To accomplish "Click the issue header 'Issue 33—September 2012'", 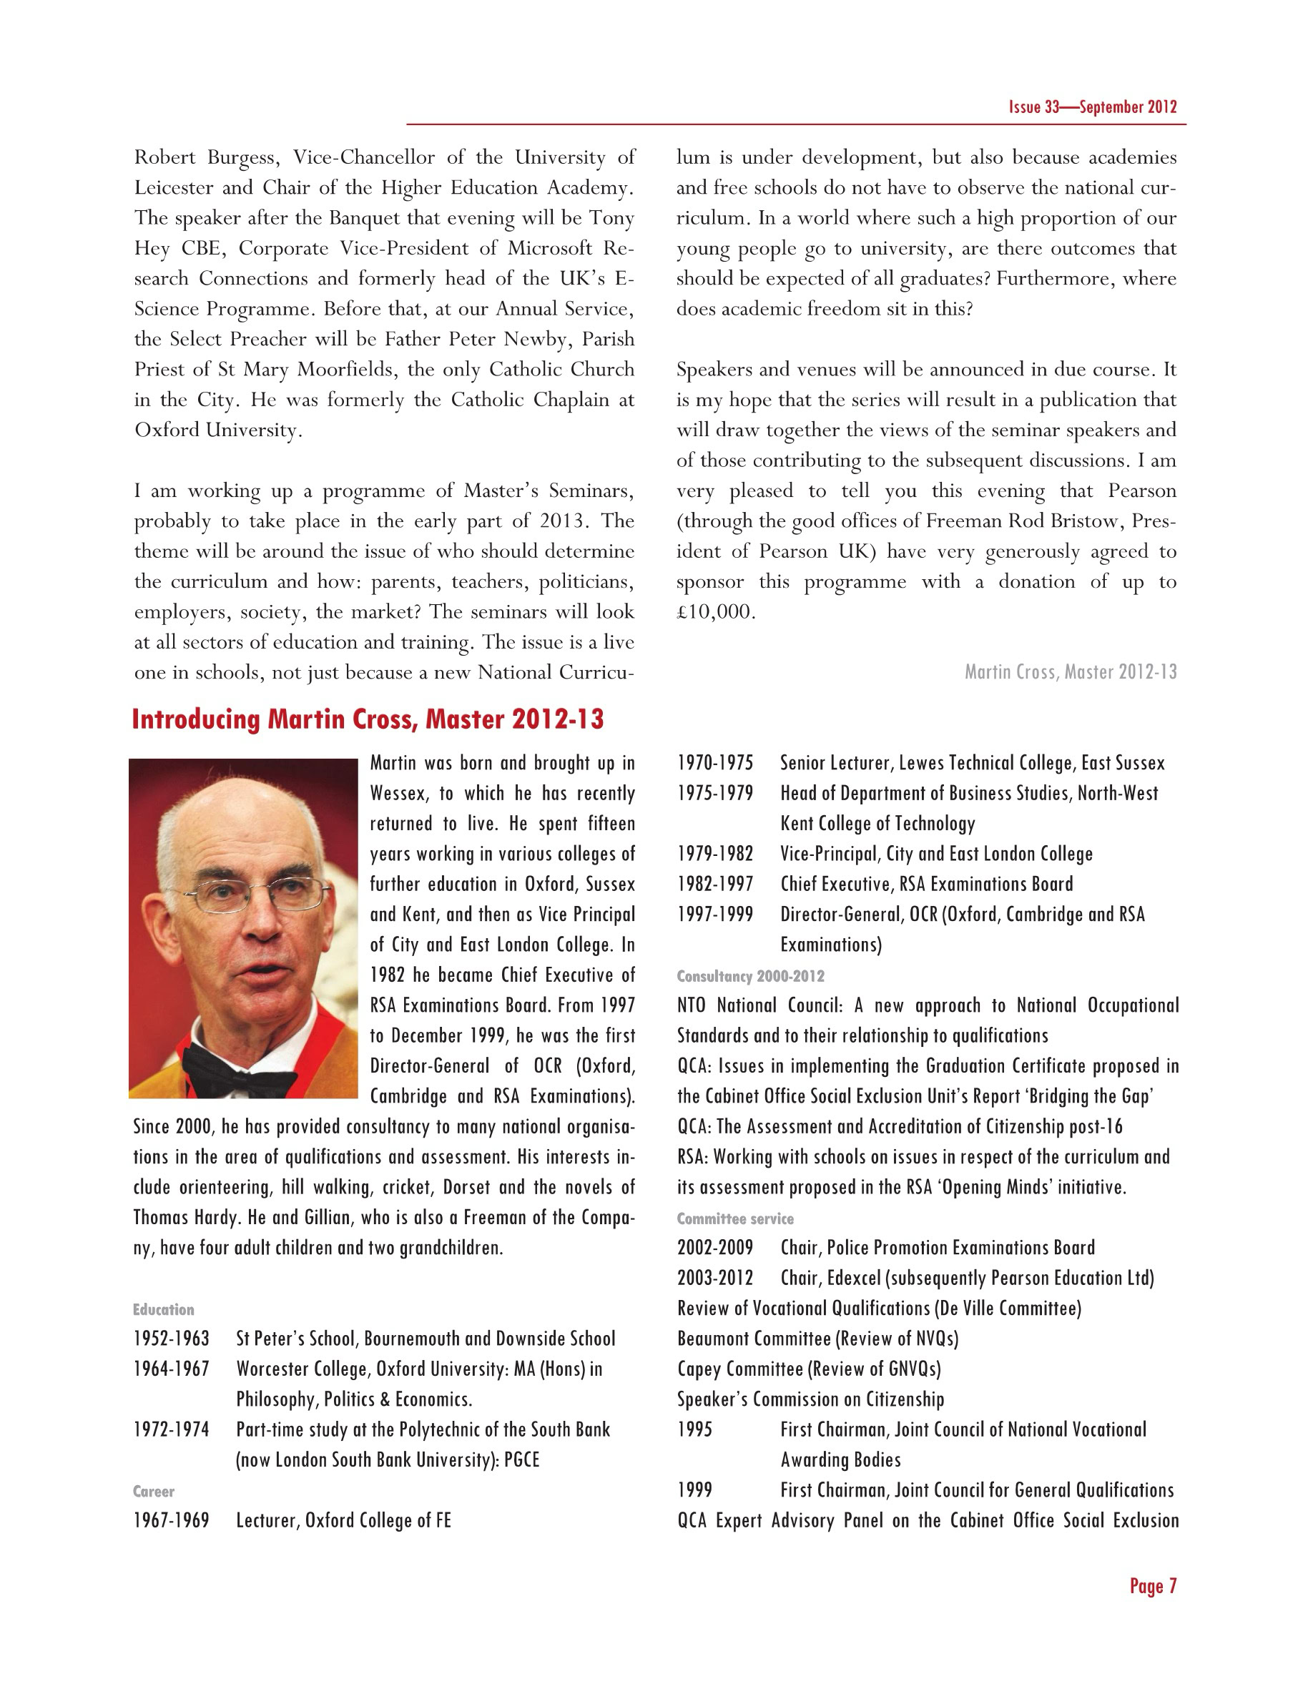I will tap(1092, 107).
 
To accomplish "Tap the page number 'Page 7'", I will tap(1153, 1586).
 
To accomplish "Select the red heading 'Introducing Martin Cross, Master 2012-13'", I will tap(368, 719).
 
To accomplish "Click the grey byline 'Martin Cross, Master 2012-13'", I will tap(1071, 672).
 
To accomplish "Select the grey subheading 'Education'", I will tap(163, 1309).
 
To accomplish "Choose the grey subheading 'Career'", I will tap(153, 1492).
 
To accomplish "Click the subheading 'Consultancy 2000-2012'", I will tap(750, 976).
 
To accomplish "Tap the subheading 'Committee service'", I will tap(735, 1219).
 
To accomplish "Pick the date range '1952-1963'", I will tap(171, 1339).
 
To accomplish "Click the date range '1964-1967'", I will tap(171, 1369).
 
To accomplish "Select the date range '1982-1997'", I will tap(715, 885).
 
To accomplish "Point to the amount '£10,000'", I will tap(715, 612).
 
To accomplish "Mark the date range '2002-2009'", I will tap(715, 1248).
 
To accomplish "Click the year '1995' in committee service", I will tap(694, 1430).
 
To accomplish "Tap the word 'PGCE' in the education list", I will tap(521, 1460).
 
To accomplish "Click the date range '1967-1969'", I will tap(171, 1521).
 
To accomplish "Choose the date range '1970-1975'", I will tap(715, 763).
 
